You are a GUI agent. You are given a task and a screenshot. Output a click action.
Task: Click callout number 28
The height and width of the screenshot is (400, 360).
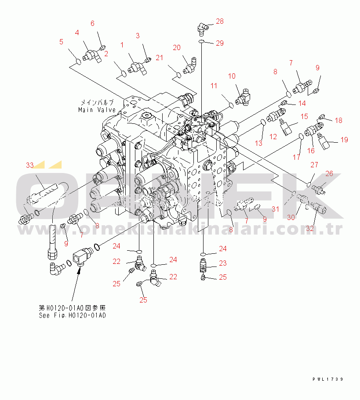click(219, 21)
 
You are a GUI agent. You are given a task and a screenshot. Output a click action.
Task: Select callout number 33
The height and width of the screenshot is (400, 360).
click(30, 165)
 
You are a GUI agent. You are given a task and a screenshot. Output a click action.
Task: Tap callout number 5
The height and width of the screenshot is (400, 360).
click(61, 42)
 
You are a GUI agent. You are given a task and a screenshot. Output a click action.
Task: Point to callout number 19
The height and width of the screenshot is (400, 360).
click(344, 140)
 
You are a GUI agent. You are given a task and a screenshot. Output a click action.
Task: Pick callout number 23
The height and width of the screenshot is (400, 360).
click(222, 263)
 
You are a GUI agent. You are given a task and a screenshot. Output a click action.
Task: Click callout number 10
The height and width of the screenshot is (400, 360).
click(232, 76)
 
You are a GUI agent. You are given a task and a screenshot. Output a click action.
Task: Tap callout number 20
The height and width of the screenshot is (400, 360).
click(176, 47)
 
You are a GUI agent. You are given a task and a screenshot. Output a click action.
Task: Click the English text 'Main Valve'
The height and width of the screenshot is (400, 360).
click(97, 110)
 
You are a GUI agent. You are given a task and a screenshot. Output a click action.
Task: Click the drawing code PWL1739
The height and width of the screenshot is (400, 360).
click(327, 379)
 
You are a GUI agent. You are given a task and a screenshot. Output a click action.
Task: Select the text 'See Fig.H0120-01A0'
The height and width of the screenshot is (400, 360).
click(72, 315)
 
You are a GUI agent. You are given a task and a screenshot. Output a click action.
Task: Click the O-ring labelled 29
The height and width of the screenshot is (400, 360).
click(200, 42)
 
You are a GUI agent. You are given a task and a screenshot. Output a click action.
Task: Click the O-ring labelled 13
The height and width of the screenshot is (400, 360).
click(263, 122)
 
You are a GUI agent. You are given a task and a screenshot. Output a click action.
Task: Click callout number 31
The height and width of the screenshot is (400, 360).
click(275, 209)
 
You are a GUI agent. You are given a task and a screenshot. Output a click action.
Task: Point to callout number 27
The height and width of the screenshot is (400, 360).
click(314, 165)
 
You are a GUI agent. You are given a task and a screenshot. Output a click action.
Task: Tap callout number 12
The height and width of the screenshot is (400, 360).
click(273, 137)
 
